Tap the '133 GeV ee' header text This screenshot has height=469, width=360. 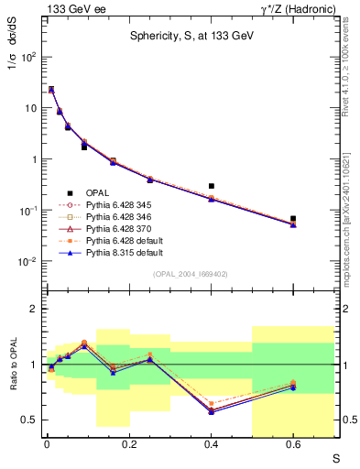point(73,8)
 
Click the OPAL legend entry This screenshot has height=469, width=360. point(97,191)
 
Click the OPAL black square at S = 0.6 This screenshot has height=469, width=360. point(293,219)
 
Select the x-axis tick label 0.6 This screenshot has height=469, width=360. point(293,446)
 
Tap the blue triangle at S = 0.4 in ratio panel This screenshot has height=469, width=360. point(212,412)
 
